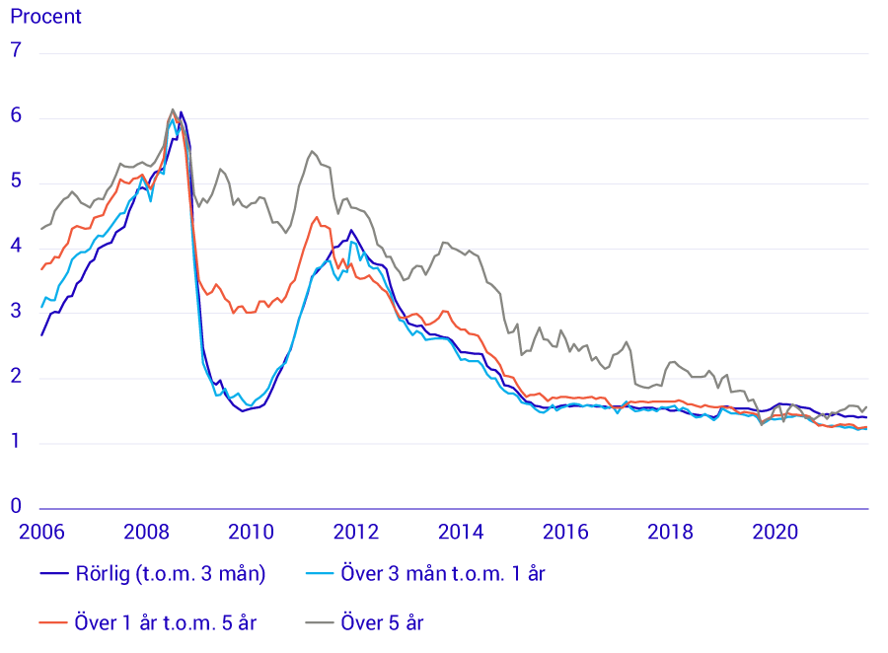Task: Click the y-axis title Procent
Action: (46, 17)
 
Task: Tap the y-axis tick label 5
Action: (16, 181)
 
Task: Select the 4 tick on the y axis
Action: (16, 247)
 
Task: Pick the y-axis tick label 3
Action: (16, 313)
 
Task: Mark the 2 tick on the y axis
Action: (16, 378)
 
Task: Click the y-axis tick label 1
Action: (16, 442)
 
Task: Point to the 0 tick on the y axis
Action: (16, 505)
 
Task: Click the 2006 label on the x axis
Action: (41, 533)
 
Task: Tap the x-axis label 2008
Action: (146, 533)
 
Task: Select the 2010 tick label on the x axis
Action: (251, 533)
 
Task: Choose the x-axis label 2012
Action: (356, 533)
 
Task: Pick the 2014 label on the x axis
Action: (461, 533)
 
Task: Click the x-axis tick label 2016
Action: (565, 533)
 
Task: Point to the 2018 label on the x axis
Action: (671, 533)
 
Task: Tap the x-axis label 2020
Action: (776, 533)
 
